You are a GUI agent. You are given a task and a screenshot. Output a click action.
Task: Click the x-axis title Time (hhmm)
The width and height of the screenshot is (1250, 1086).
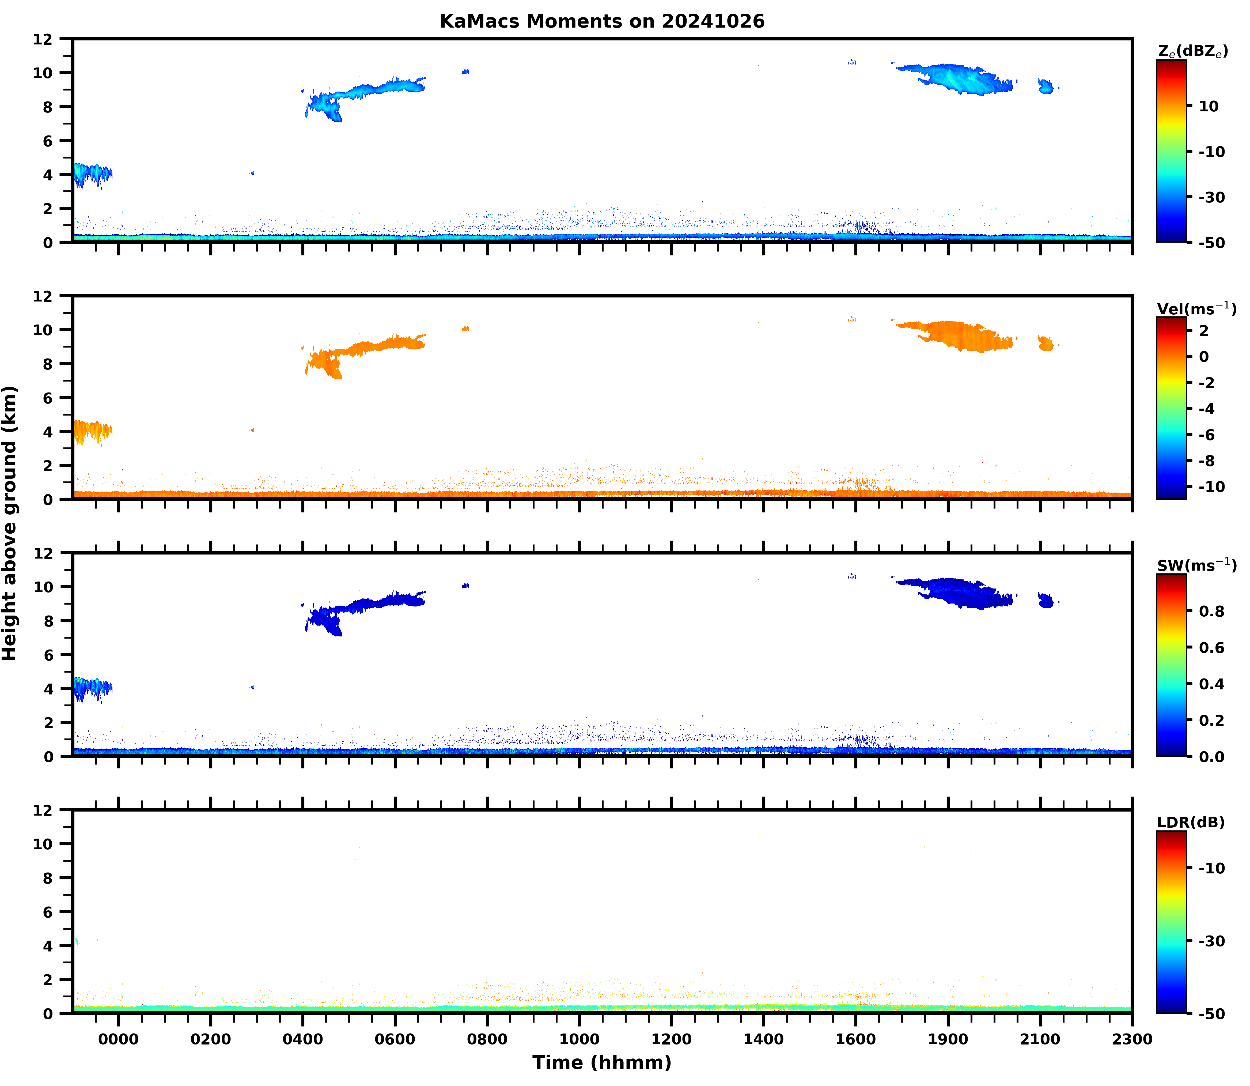click(602, 1062)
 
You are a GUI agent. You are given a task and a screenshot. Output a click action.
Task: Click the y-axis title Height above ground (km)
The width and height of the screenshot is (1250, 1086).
click(10, 523)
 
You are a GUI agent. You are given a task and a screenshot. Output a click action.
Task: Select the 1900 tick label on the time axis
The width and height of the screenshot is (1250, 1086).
click(948, 1039)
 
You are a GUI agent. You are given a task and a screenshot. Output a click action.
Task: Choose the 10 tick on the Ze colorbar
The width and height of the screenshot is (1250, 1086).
click(1209, 106)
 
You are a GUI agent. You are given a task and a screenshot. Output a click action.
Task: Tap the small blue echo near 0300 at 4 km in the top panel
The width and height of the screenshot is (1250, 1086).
click(252, 173)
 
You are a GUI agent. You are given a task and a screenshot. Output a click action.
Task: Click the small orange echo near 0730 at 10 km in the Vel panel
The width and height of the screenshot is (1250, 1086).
click(465, 329)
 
